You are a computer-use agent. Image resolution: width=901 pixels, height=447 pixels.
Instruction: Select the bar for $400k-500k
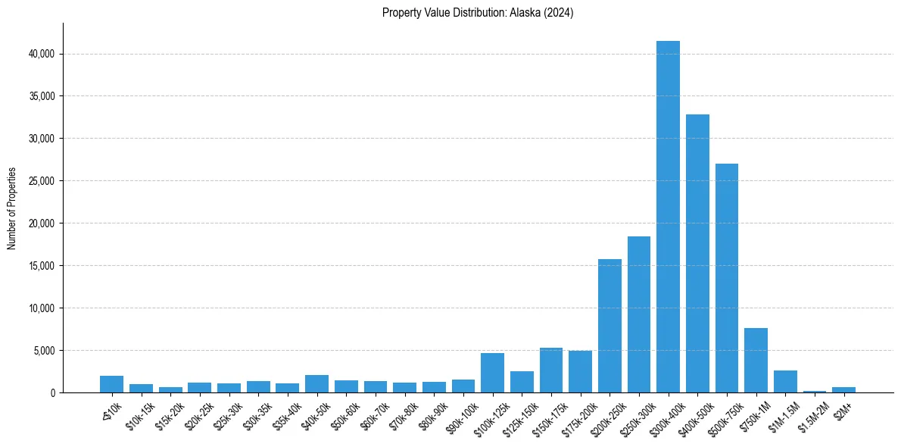click(x=697, y=254)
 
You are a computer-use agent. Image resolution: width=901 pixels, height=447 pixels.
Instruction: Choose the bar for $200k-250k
click(x=609, y=326)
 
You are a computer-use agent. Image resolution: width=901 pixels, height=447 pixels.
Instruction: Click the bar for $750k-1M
click(x=756, y=361)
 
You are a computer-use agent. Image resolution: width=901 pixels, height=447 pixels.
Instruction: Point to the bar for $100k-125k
click(x=492, y=373)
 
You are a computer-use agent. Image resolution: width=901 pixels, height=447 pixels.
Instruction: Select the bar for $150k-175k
click(x=551, y=370)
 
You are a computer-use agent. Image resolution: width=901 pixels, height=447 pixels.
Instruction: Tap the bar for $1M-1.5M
click(x=785, y=382)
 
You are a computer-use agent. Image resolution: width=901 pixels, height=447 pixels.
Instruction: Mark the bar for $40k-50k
click(x=316, y=384)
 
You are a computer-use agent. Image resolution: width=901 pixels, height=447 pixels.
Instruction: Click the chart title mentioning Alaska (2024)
click(x=478, y=13)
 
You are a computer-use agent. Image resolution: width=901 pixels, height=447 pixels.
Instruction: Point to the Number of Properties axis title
click(x=12, y=208)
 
